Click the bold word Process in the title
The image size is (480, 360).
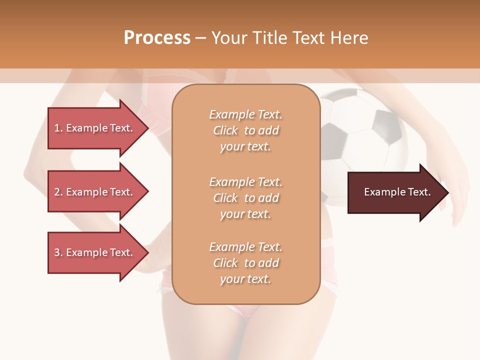coord(157,38)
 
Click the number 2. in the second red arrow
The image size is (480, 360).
coord(58,192)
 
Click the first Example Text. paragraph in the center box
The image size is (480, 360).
coord(245,130)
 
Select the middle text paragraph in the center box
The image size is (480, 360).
coord(245,198)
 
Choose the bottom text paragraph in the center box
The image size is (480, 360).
coord(245,263)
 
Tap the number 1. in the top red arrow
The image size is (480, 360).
coord(58,128)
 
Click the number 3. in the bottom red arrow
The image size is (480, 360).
coord(58,252)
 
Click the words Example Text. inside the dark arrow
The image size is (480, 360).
coord(397,192)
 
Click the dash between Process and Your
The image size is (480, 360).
coord(200,38)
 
